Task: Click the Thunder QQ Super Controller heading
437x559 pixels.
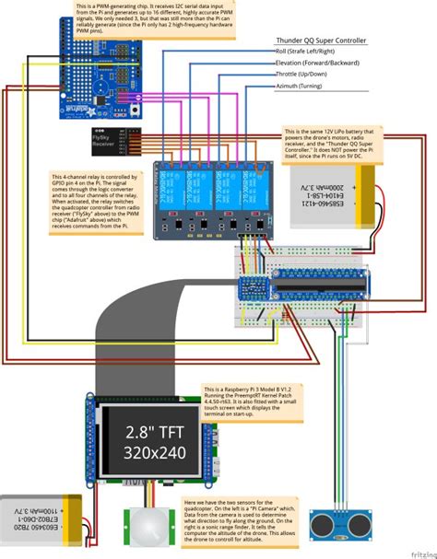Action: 321,42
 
